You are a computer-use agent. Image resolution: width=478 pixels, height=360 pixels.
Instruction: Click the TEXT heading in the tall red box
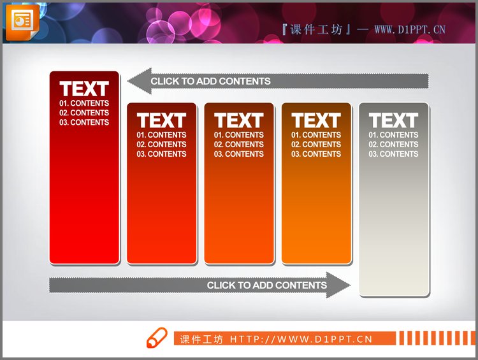click(x=84, y=89)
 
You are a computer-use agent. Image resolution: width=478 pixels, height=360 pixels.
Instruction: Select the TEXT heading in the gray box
click(x=393, y=120)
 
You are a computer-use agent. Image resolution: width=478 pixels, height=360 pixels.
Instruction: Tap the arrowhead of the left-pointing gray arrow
click(x=139, y=81)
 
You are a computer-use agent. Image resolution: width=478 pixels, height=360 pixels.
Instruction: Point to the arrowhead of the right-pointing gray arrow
click(x=338, y=285)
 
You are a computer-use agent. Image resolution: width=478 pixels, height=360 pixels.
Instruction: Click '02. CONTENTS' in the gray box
click(x=393, y=144)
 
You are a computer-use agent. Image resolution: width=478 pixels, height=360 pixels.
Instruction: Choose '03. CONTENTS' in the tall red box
click(x=84, y=122)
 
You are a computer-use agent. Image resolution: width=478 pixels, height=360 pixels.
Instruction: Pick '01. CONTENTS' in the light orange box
click(x=316, y=134)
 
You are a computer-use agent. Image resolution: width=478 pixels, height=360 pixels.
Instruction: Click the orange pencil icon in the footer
click(x=157, y=338)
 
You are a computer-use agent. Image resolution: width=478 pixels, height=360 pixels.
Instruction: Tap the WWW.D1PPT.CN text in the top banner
click(x=410, y=29)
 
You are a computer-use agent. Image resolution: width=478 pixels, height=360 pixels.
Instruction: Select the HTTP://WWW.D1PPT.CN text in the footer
click(x=301, y=339)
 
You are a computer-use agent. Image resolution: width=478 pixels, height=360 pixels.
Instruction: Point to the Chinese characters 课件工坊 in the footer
click(x=201, y=339)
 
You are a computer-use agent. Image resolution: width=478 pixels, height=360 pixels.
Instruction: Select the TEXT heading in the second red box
click(x=162, y=120)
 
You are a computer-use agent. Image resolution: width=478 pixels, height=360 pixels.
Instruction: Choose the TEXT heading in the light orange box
click(x=316, y=120)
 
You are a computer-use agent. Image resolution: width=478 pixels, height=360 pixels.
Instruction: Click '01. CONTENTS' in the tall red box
click(x=84, y=103)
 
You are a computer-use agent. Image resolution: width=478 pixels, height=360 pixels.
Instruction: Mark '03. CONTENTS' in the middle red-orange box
click(x=239, y=154)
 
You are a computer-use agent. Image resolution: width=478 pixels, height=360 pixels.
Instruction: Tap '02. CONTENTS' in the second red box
click(x=162, y=144)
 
